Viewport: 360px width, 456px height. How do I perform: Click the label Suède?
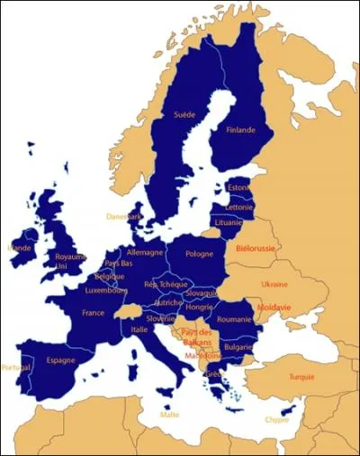pos(184,115)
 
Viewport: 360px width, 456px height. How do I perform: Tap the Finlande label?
pos(240,130)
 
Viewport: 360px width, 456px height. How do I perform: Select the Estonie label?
pos(239,188)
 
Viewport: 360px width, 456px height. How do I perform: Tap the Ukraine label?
pos(274,284)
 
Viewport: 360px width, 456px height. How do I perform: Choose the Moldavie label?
pos(274,307)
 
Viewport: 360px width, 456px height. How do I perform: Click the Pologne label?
pos(199,255)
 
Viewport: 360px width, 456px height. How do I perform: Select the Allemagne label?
pos(144,253)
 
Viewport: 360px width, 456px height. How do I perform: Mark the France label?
pos(94,313)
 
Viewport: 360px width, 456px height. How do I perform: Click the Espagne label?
pos(60,360)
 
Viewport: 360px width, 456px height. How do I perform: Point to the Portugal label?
pos(15,367)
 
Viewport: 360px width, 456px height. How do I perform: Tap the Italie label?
pos(139,329)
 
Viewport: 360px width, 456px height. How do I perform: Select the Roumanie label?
pos(234,319)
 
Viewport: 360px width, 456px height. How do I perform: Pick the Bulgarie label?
pos(237,346)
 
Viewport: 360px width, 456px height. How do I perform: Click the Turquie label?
pos(301,377)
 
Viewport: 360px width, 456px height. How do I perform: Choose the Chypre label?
pos(277,419)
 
